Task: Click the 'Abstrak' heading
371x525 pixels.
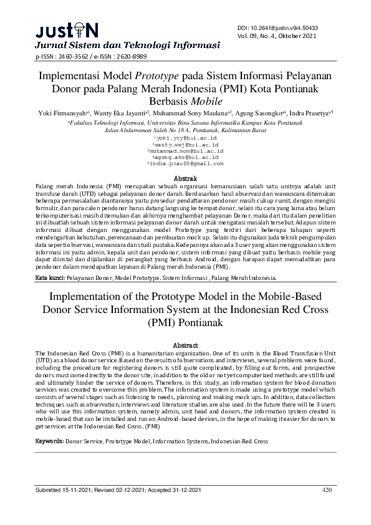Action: (x=185, y=179)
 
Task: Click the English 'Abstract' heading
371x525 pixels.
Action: (x=185, y=344)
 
